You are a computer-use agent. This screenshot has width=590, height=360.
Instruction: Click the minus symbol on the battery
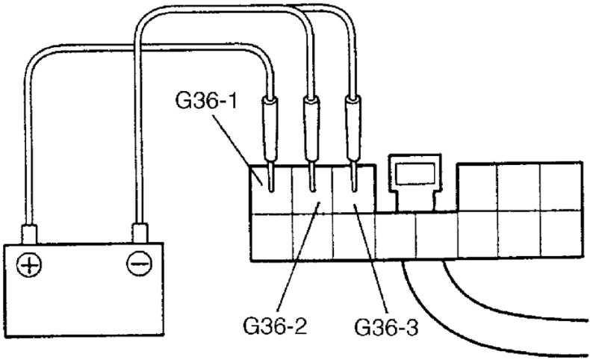pos(136,264)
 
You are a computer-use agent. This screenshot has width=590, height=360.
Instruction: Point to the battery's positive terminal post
pos(29,232)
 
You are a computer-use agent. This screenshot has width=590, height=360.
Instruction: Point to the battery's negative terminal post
pos(138,232)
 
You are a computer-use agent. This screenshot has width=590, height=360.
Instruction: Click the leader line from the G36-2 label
pos(299,254)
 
